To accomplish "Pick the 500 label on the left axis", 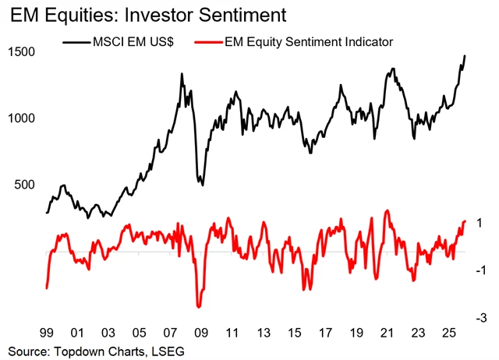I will coord(23,185).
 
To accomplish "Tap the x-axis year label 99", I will coord(46,330).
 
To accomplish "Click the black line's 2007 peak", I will coord(182,75).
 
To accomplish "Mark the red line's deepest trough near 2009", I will coord(198,307).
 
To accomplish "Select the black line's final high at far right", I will coord(465,56).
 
